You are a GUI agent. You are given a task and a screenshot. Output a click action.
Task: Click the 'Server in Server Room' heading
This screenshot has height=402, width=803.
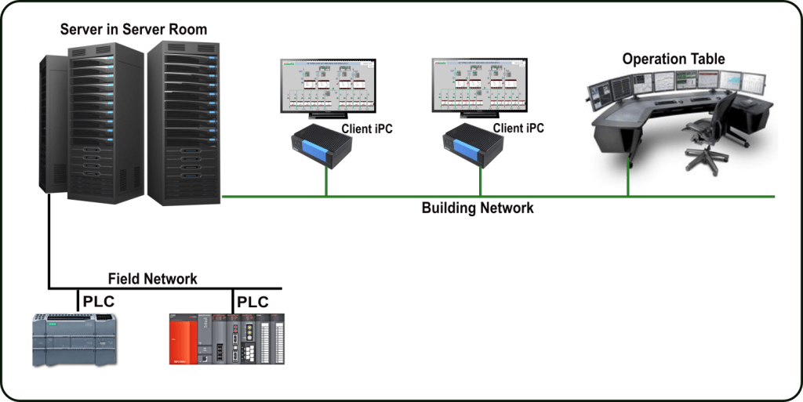coord(133,31)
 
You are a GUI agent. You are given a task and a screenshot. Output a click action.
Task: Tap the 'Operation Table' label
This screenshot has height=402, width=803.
coord(674,59)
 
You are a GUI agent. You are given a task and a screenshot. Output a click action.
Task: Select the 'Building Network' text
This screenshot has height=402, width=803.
coord(478,208)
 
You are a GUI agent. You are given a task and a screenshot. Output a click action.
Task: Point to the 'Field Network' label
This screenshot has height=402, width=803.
coord(153,278)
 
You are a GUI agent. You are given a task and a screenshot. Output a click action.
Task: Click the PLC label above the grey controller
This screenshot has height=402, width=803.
coord(98,302)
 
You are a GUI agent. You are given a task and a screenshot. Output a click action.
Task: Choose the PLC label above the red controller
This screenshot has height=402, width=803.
coord(253,302)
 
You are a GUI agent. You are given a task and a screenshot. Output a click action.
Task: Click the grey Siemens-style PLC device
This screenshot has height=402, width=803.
coord(74,339)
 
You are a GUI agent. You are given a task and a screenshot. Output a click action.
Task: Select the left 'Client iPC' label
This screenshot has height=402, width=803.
coord(366,129)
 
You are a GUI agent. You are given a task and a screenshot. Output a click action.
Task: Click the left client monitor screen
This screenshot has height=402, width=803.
coord(325,87)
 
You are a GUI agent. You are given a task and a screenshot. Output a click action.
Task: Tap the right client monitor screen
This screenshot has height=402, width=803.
coord(477,87)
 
